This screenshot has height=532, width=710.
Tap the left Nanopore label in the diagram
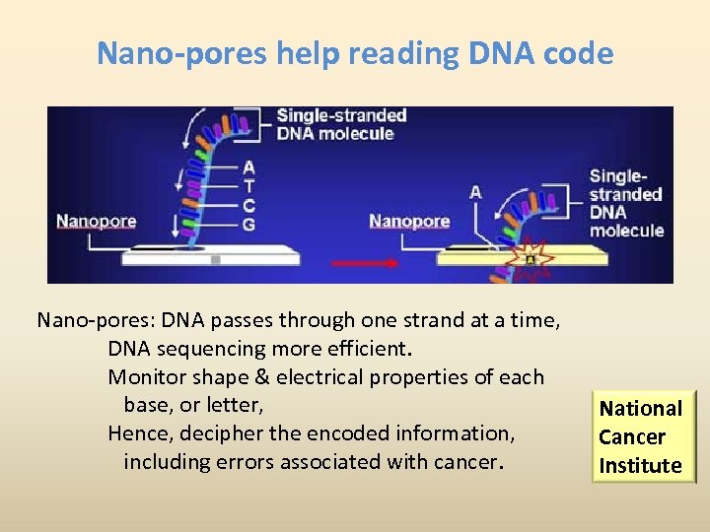(x=97, y=221)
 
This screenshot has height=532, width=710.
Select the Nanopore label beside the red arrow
(x=409, y=221)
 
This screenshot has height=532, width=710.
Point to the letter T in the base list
(x=248, y=186)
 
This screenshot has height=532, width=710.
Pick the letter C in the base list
(x=248, y=205)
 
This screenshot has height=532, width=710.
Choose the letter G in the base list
(x=248, y=224)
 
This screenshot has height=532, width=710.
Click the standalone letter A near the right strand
(x=475, y=192)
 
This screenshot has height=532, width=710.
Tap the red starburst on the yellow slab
(x=533, y=257)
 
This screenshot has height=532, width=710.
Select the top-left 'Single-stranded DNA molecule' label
(x=341, y=124)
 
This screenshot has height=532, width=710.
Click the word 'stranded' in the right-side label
(x=625, y=194)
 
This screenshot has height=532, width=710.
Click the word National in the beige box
(x=641, y=408)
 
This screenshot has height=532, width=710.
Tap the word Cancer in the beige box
(x=632, y=436)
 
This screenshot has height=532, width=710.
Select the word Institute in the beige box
(x=640, y=465)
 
